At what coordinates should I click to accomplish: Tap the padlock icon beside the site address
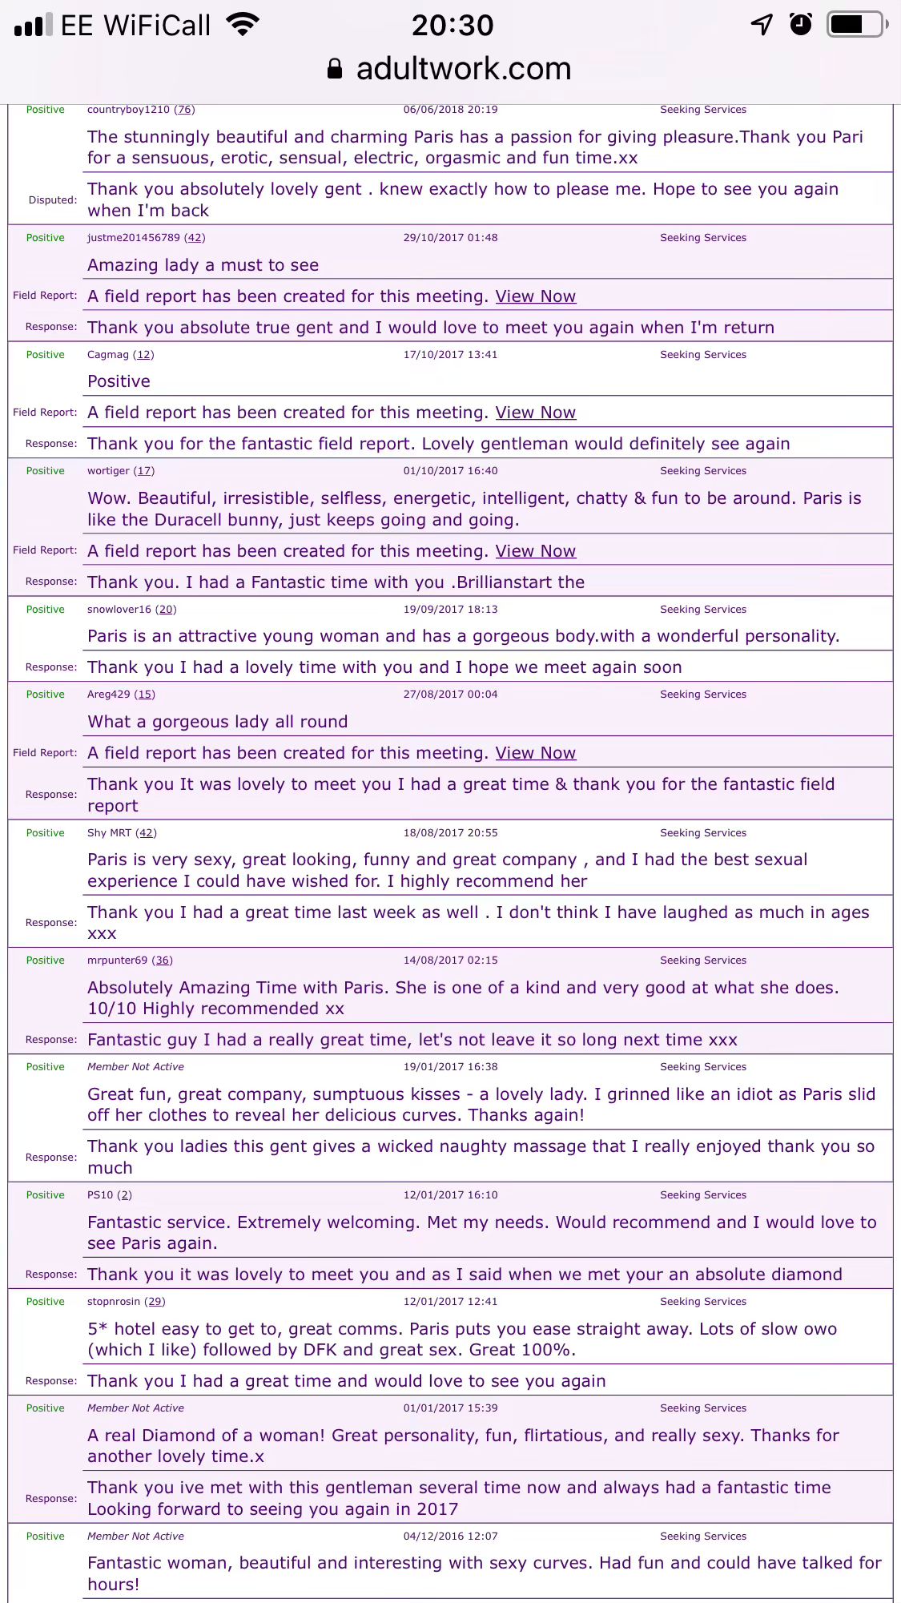click(335, 69)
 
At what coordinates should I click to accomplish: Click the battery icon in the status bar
click(857, 25)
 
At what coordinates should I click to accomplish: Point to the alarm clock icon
click(800, 25)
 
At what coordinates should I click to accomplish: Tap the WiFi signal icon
click(243, 25)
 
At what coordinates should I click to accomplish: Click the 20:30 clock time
click(453, 26)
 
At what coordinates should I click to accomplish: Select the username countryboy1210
click(128, 110)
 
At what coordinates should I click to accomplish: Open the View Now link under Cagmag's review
click(535, 413)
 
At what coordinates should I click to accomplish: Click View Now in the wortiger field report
click(535, 551)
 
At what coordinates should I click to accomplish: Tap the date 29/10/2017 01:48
click(450, 238)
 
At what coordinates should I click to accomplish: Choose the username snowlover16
click(119, 610)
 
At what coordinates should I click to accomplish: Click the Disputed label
click(53, 200)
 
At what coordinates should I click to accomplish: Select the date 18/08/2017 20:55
click(450, 833)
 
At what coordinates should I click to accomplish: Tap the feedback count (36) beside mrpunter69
click(163, 961)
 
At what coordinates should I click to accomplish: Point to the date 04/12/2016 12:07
click(450, 1537)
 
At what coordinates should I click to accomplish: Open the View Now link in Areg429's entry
click(535, 753)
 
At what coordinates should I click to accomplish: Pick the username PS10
click(100, 1195)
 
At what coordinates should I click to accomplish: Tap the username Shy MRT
click(109, 833)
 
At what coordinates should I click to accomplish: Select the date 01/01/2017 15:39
click(450, 1408)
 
